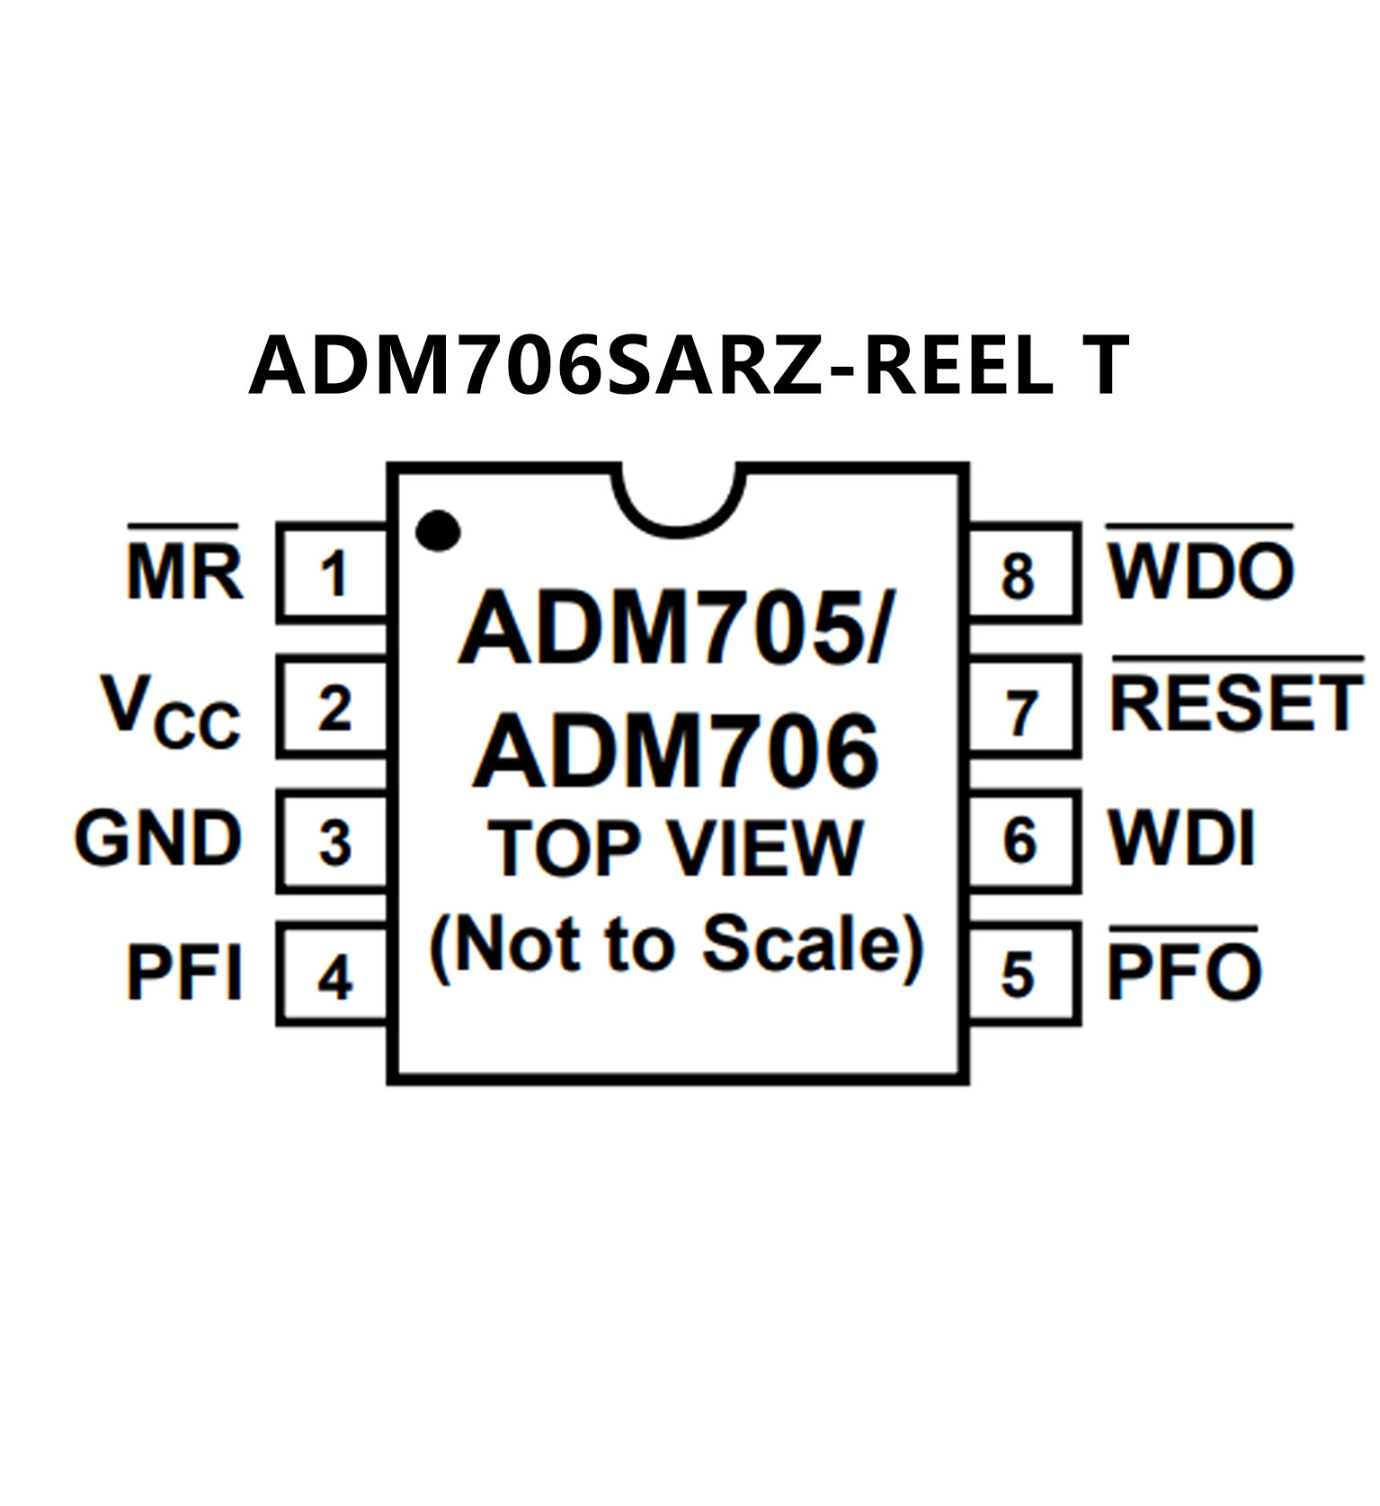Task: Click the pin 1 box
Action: tap(334, 573)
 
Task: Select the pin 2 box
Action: tap(334, 707)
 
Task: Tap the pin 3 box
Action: tap(334, 842)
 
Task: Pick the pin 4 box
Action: tap(334, 976)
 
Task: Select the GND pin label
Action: tap(158, 840)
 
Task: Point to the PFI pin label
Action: tap(184, 973)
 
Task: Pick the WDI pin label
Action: tap(1180, 840)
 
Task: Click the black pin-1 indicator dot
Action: tap(438, 530)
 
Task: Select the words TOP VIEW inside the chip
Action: tap(675, 848)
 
